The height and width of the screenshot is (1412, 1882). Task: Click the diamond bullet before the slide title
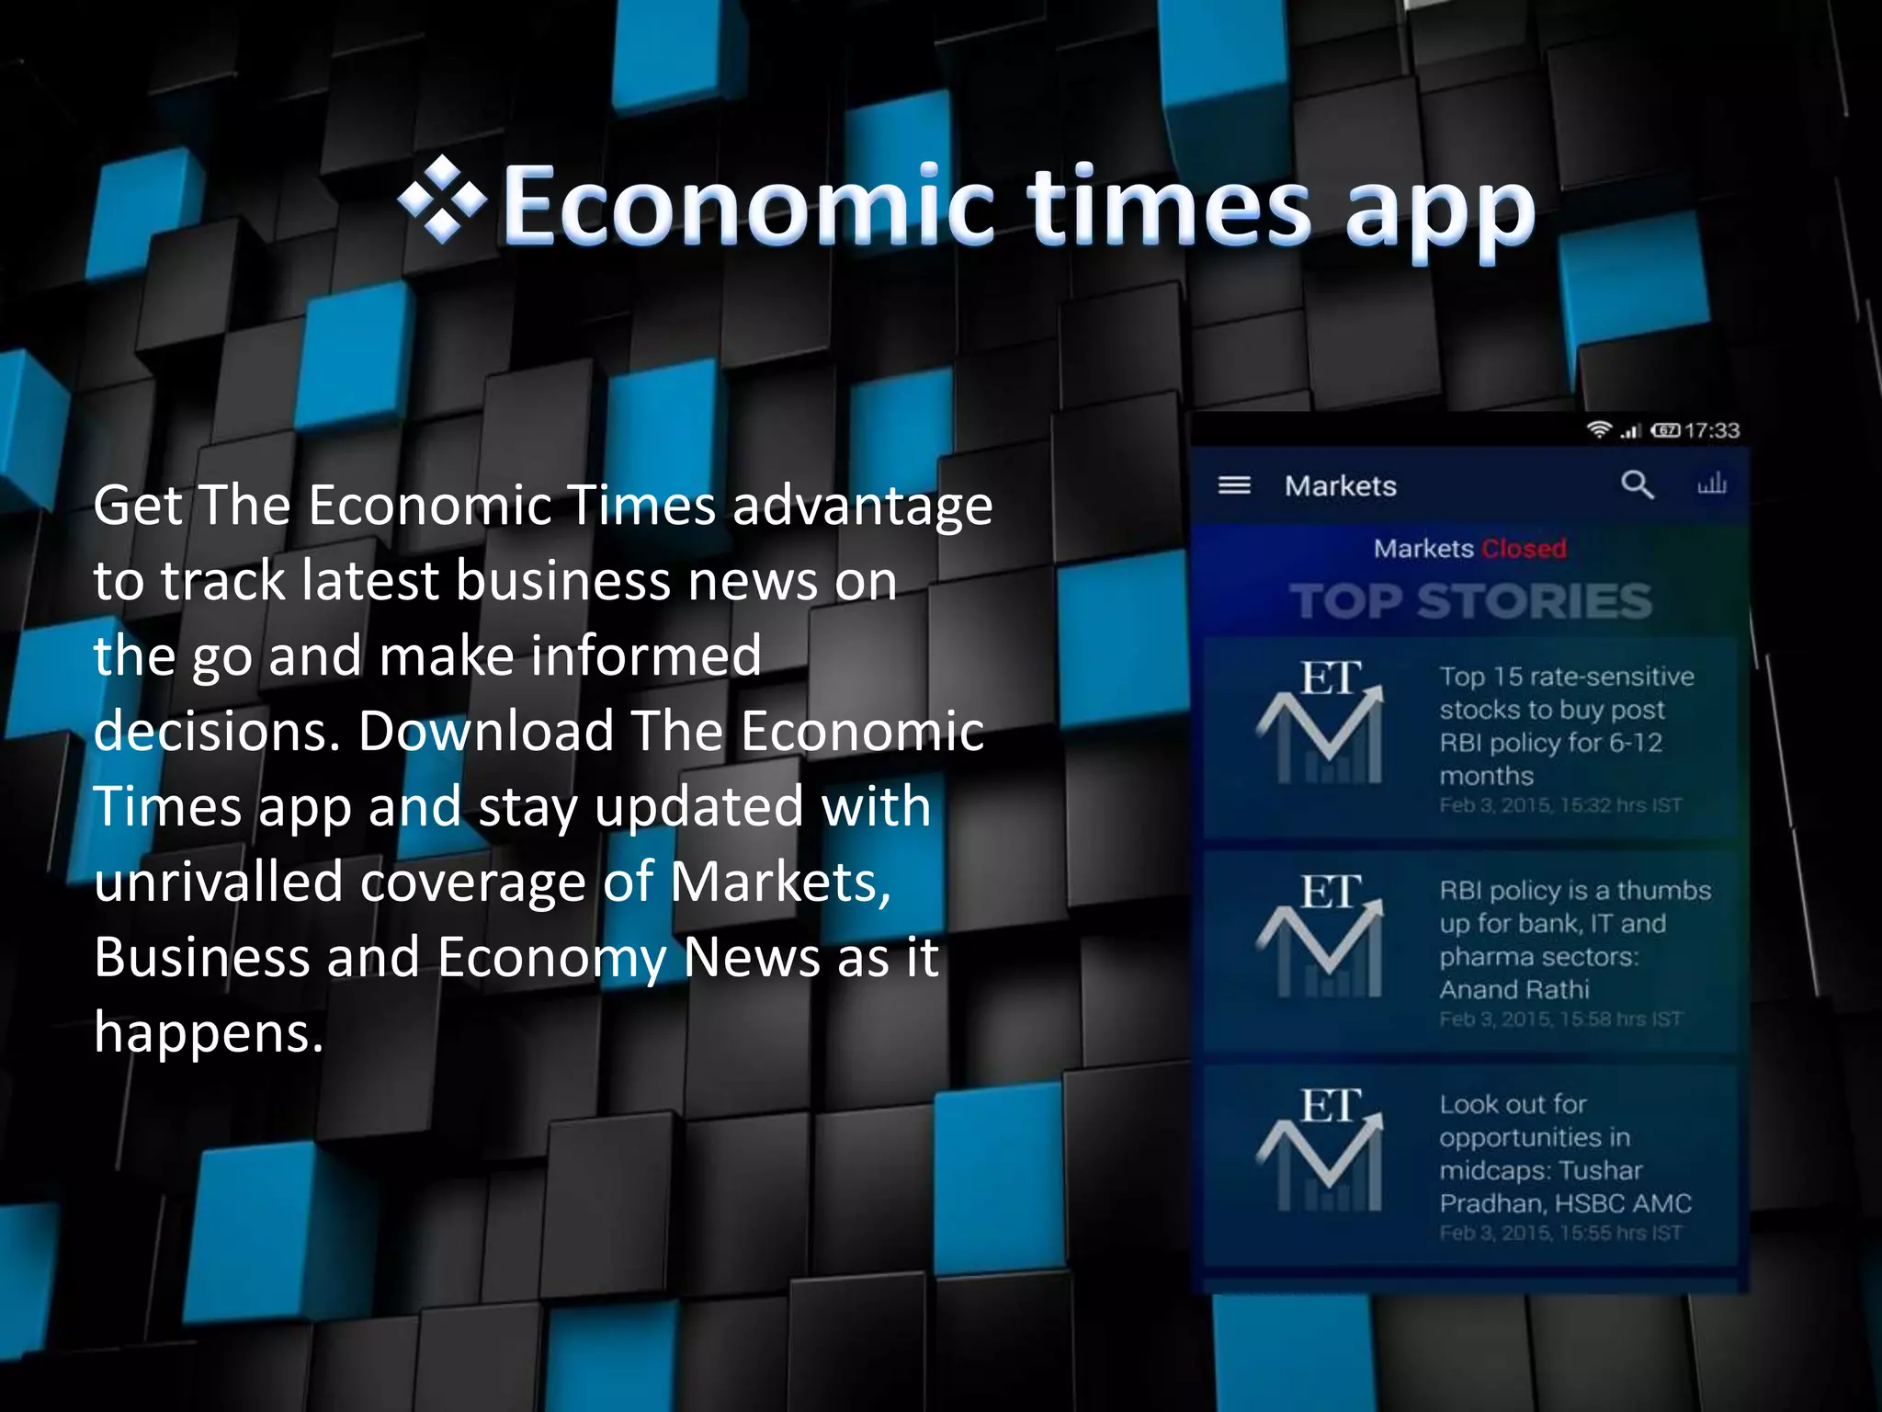point(442,199)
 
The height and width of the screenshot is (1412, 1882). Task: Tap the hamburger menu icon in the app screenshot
point(1234,485)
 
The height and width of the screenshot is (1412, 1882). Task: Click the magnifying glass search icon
point(1637,484)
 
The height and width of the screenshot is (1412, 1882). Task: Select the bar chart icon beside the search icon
point(1711,484)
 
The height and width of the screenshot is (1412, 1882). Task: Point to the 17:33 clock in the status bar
point(1713,430)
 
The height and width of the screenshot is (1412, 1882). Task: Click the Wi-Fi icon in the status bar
point(1599,429)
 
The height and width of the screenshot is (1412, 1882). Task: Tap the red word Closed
point(1524,549)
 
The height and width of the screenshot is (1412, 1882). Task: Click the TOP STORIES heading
point(1470,602)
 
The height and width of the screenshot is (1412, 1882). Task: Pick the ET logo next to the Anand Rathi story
point(1320,937)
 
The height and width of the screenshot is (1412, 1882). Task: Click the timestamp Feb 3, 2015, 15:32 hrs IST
point(1560,805)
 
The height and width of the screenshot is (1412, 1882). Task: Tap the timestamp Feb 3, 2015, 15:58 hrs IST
point(1560,1019)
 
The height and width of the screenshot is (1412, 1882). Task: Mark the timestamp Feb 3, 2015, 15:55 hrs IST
point(1560,1233)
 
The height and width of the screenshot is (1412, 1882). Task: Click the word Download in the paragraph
point(485,732)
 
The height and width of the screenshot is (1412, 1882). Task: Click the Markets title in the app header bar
point(1340,485)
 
